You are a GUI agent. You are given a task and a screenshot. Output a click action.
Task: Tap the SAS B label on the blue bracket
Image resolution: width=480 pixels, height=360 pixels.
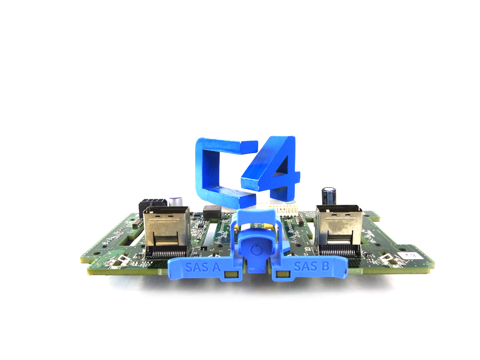pyautogui.click(x=311, y=266)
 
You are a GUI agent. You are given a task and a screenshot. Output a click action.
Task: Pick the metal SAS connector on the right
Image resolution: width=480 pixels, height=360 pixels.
pyautogui.click(x=338, y=227)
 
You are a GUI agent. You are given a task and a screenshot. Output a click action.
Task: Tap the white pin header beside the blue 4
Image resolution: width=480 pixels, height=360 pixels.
pyautogui.click(x=283, y=207)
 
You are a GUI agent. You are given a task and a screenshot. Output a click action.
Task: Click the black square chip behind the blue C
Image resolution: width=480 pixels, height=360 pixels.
pyautogui.click(x=212, y=210)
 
